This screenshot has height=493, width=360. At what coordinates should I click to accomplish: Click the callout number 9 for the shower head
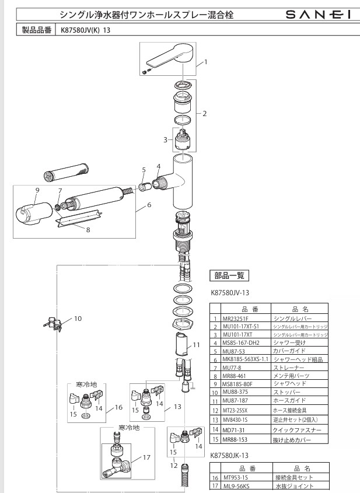point(37,190)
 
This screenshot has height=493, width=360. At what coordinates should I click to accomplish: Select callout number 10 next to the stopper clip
point(78,319)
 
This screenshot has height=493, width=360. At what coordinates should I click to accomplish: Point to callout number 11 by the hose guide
point(196,345)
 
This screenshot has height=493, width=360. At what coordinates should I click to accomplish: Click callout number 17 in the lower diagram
point(146,459)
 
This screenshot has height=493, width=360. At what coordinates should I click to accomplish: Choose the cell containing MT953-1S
point(237,477)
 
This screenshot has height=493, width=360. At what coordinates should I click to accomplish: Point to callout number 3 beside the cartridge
point(165,139)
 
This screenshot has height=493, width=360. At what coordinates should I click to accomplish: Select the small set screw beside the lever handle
point(146,71)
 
